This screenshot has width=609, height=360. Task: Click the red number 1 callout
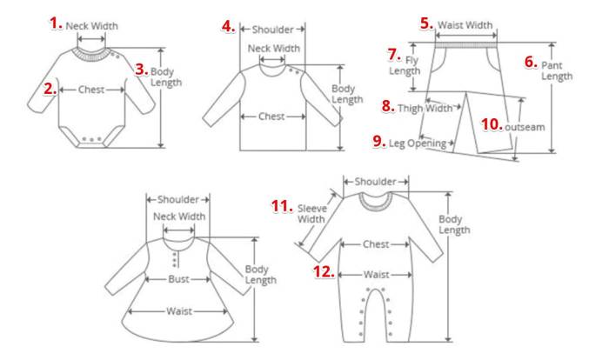coord(56,23)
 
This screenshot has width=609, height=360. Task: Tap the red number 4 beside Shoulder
coord(228,26)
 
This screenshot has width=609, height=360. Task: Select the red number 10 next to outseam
coord(492,124)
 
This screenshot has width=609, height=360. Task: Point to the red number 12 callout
coord(324,271)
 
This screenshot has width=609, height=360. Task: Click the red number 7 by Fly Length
coord(394,55)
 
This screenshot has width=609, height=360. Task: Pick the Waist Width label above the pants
coord(465,25)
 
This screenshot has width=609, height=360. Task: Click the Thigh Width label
coord(425,109)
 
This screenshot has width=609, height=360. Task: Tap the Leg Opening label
coord(418,143)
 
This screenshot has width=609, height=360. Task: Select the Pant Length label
coord(557,70)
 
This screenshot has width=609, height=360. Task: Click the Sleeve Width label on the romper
coord(311,214)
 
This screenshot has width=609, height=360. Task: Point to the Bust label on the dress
coord(178,279)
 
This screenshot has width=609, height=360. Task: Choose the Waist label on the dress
coord(179,311)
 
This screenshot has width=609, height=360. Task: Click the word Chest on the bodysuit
coord(91,90)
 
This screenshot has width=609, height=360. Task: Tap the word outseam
coord(525,127)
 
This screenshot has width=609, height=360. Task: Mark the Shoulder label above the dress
coord(178,200)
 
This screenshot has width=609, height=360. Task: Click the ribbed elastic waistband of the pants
coord(465,45)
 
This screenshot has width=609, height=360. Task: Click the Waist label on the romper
coord(376,275)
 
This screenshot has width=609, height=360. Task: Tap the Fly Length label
coord(405,65)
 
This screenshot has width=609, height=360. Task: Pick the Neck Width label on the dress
coord(179,217)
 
